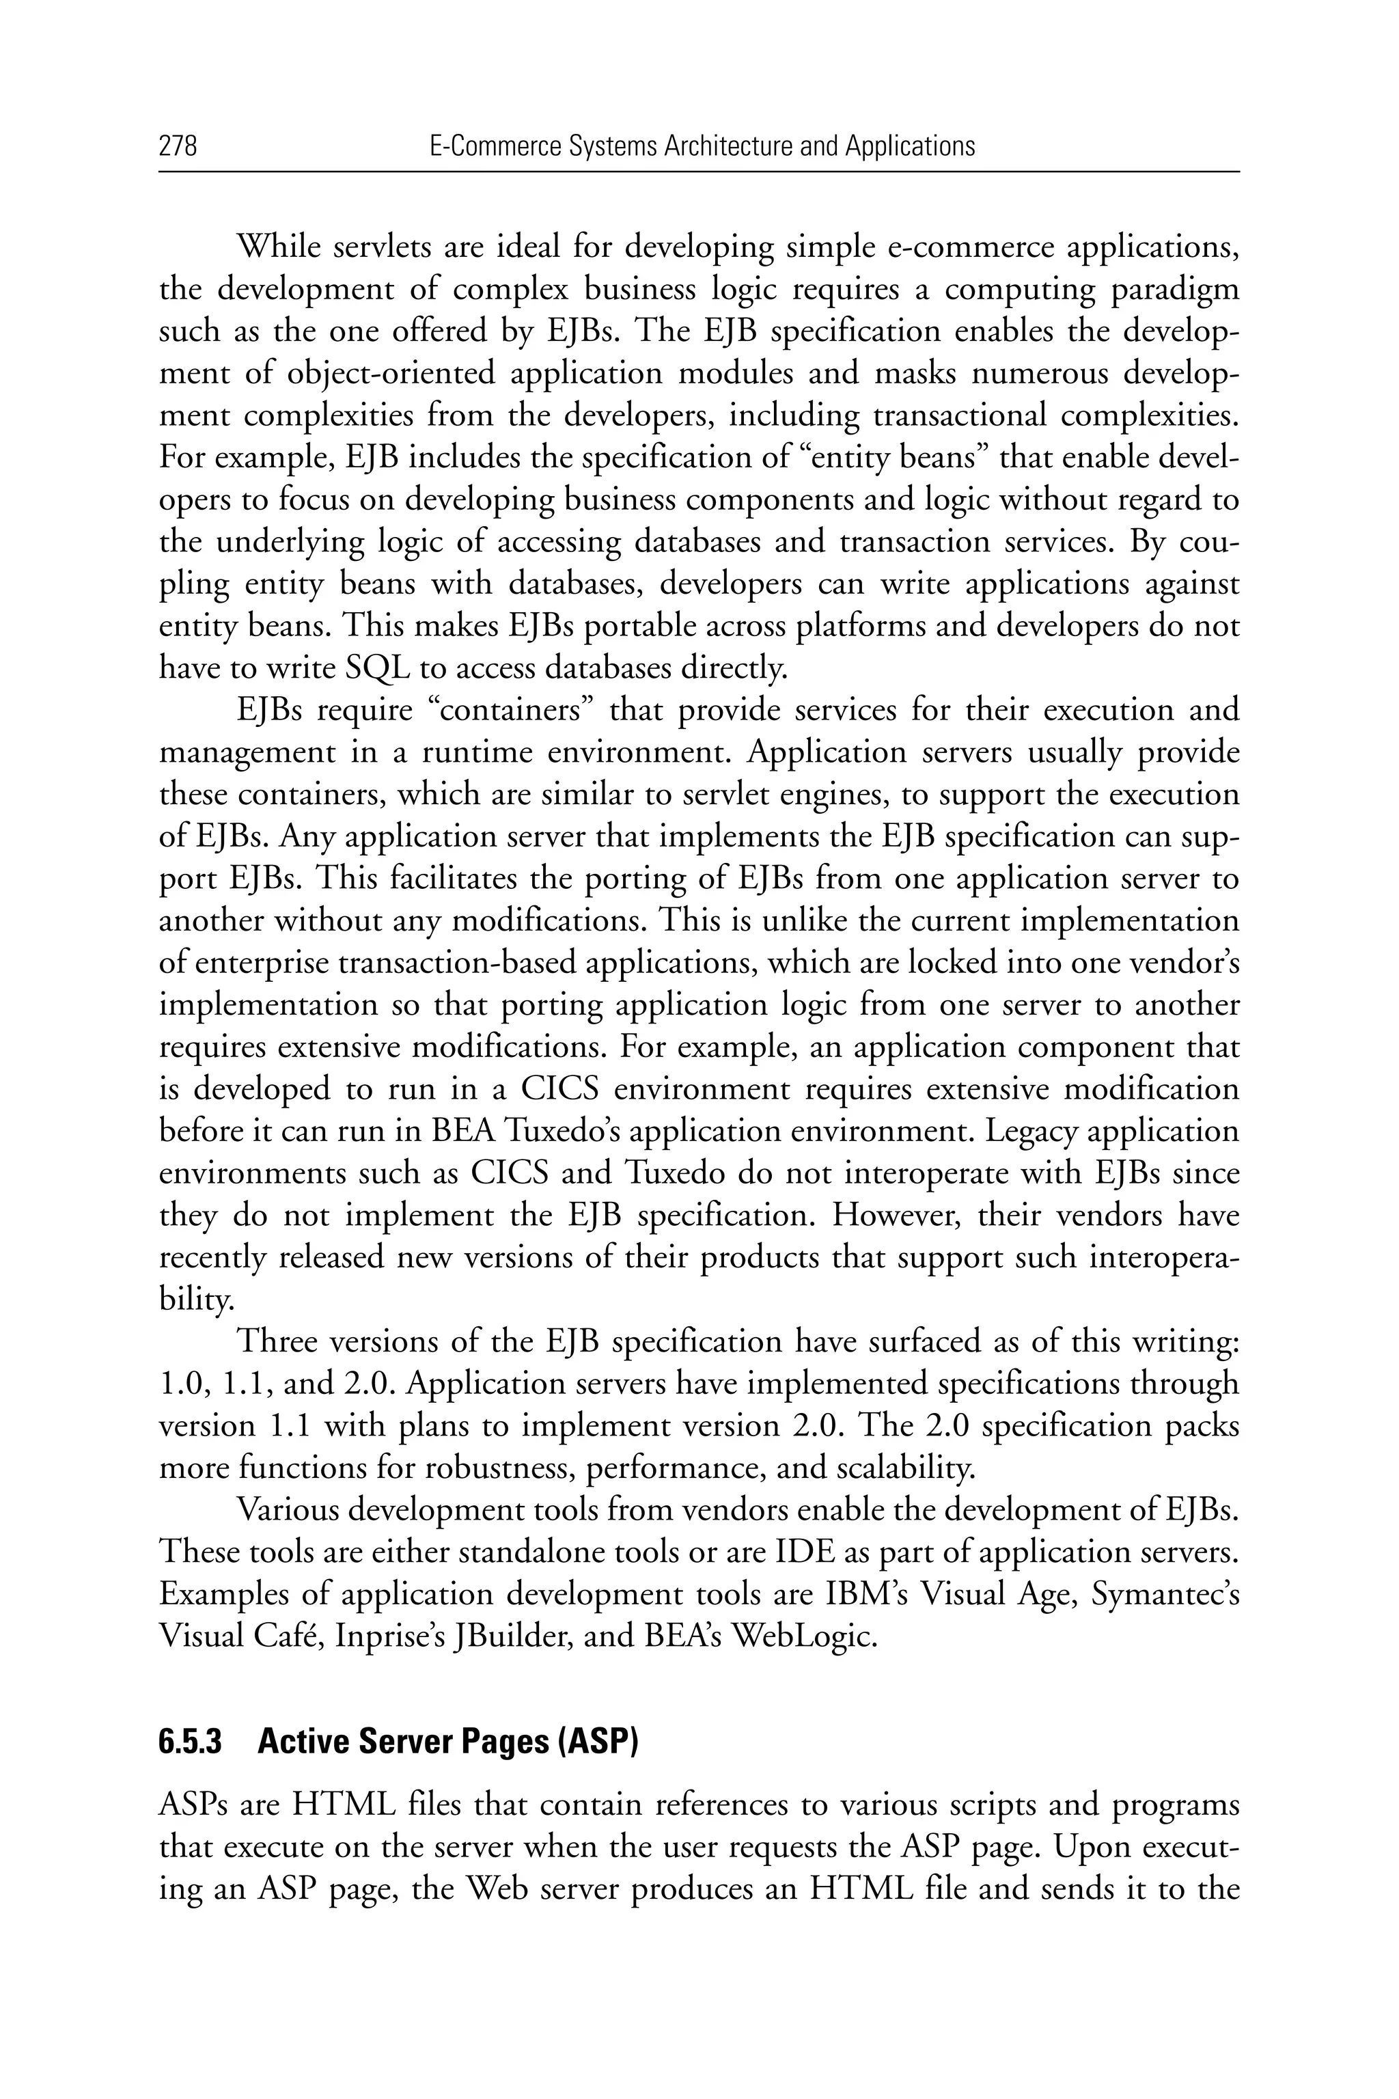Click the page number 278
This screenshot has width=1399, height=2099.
click(178, 146)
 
